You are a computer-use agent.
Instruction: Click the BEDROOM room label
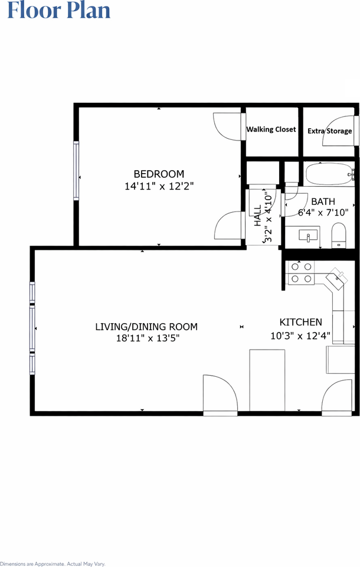[159, 174]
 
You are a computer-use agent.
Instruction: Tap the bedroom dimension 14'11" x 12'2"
[159, 186]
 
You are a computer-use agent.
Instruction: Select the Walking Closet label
[271, 129]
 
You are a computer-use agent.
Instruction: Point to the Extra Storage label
[330, 131]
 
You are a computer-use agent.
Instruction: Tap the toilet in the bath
[339, 235]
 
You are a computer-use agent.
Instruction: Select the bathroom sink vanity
[308, 236]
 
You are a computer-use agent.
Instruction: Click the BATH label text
[323, 201]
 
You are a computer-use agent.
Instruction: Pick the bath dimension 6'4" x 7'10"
[323, 212]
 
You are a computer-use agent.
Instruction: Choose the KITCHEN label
[301, 322]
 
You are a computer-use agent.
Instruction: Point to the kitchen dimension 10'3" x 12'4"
[300, 335]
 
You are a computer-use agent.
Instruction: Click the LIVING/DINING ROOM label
[146, 327]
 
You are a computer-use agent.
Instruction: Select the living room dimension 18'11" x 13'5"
[148, 338]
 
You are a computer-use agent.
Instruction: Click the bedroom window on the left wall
[76, 170]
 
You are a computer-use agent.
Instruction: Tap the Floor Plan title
[59, 10]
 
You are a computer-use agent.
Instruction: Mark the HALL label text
[257, 216]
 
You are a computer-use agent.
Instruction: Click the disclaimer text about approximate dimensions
[53, 563]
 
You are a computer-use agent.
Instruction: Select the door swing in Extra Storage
[338, 131]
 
